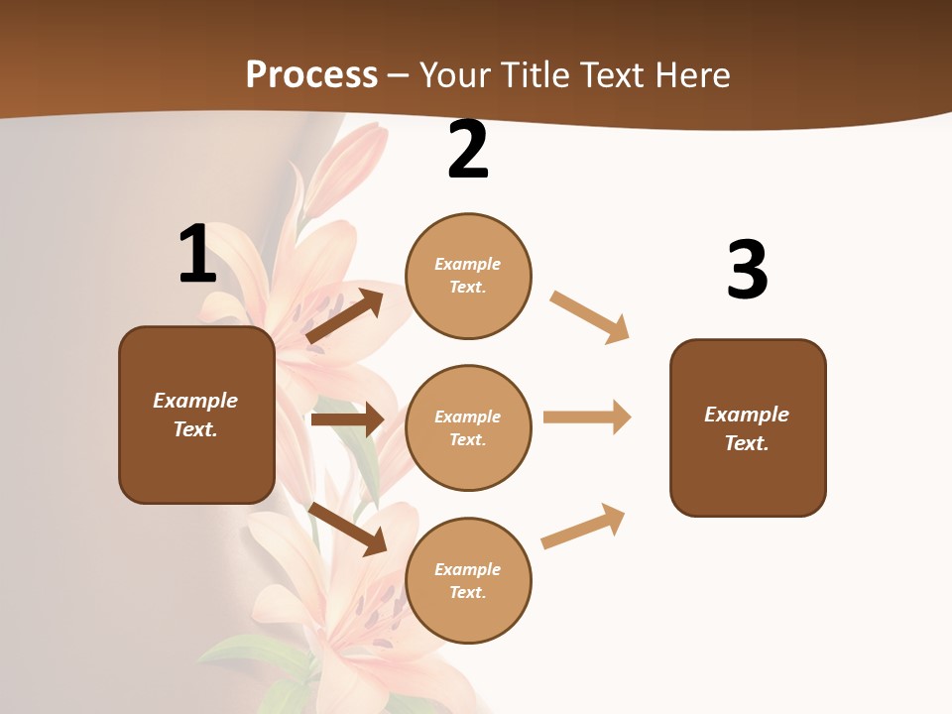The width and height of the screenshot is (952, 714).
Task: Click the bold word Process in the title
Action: (311, 74)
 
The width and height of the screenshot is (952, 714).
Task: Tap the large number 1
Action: (197, 254)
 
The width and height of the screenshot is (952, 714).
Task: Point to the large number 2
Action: (468, 150)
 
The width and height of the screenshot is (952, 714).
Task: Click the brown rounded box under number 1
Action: (196, 415)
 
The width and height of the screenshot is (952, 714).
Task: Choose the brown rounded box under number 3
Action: (748, 427)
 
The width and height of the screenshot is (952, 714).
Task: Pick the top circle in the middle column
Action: (468, 276)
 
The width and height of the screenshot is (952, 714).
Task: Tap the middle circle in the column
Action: (468, 427)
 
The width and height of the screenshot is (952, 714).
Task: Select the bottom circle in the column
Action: (468, 580)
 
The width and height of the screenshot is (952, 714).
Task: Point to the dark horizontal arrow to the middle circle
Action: (347, 419)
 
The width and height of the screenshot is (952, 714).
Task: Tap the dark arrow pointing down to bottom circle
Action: (348, 530)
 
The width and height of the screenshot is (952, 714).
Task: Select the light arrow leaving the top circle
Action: (590, 317)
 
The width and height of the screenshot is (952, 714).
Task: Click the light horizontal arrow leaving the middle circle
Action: (587, 416)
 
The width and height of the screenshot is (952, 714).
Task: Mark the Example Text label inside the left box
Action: (195, 415)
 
